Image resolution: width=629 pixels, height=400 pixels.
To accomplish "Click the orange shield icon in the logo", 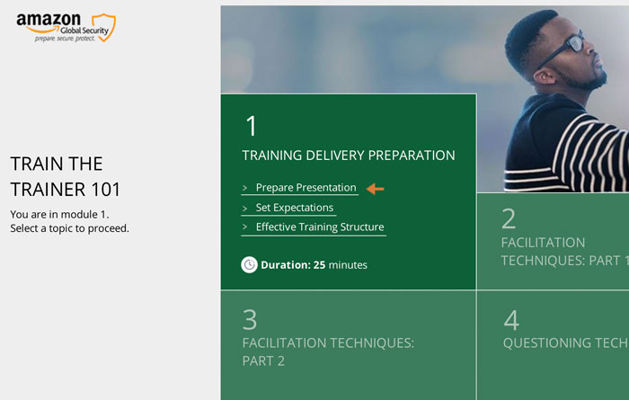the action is click(104, 27).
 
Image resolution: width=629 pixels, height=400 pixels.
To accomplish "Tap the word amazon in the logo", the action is click(49, 20).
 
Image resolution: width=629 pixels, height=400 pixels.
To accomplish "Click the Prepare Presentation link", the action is click(306, 187).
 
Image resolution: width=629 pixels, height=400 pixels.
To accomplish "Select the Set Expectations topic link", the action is click(295, 208).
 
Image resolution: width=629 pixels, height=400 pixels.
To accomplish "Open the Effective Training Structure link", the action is click(320, 227).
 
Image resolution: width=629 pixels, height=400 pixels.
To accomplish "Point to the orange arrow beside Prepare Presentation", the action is click(375, 189).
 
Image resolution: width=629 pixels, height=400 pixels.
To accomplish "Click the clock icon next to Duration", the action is click(249, 265).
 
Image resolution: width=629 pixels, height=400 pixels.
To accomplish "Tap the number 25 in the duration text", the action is click(319, 265).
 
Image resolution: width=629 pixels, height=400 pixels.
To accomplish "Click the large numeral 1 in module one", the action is click(251, 126).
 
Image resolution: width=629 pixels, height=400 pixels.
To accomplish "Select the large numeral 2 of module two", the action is click(509, 218).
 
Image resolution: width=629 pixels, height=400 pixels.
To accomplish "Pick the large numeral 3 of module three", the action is click(250, 320).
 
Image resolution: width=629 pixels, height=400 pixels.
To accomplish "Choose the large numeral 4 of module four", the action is click(511, 320).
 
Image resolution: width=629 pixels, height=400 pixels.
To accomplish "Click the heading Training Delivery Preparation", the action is click(349, 156).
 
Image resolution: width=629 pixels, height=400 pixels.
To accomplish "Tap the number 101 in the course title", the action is click(105, 190).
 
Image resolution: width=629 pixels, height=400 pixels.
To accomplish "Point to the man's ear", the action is click(545, 76).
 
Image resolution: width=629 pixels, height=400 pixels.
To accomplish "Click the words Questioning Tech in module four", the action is click(566, 342).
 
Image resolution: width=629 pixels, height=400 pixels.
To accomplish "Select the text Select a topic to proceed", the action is click(69, 228).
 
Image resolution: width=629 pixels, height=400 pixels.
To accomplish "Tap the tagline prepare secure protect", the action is click(65, 39).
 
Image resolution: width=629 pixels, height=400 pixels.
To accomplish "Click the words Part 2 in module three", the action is click(263, 360).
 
